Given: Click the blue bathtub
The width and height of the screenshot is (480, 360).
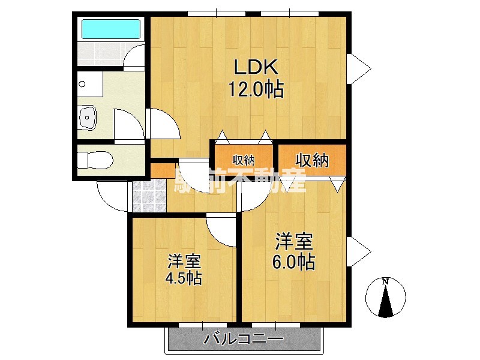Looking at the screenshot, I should coord(110,28).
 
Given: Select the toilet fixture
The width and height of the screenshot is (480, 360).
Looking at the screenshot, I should coord(95,160).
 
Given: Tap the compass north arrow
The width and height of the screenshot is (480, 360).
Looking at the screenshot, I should coord(386,299).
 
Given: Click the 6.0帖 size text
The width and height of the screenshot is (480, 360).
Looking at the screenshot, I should coord(295,262).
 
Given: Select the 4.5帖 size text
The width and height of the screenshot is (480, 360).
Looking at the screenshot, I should coord(184,278).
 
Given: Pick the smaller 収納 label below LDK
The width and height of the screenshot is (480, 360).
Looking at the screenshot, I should coord(244,160).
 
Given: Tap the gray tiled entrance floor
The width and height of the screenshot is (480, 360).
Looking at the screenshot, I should coord(148,194).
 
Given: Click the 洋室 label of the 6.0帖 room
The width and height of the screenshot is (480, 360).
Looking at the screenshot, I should coord(294,242).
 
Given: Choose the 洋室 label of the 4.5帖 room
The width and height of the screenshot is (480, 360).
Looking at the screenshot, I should coord(184,261).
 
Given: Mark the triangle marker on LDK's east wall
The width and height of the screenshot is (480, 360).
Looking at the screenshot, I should coord(359,68).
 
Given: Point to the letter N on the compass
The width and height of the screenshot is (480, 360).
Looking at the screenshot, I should coord(386,281).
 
